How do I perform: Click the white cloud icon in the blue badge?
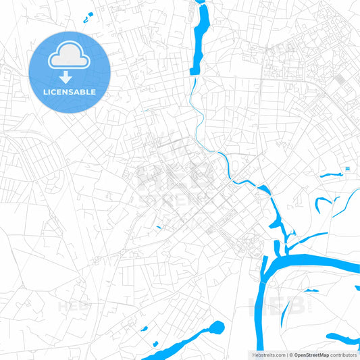coord(70,58)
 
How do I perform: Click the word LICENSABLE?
coord(70,92)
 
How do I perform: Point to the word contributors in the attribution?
coord(344,355)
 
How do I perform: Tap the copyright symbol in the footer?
coord(290,355)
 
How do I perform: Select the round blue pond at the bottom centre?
coord(216,328)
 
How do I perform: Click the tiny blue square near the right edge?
coord(347,168)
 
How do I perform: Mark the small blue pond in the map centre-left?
coord(159,227)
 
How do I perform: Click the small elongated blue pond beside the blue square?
coord(332,176)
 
